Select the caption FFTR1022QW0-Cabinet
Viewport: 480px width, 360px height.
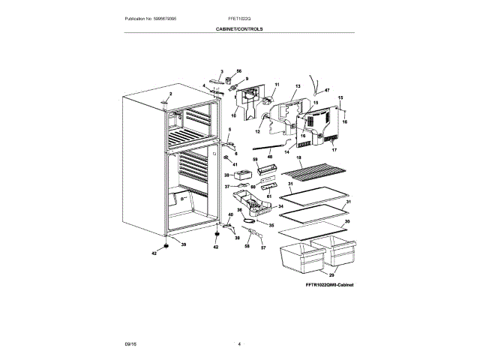pos(319,286)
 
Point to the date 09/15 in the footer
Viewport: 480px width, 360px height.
pos(130,343)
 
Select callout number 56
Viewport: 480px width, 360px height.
pos(239,70)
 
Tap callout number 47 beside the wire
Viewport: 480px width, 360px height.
pos(327,90)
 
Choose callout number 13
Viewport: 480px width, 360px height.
pos(297,87)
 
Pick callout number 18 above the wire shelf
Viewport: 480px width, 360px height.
pos(298,158)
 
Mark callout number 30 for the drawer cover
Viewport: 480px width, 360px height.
pos(346,223)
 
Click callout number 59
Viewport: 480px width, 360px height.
pos(255,160)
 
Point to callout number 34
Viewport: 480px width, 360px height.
pos(280,205)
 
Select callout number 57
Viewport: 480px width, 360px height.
pos(262,247)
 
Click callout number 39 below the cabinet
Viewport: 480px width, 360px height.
pos(183,244)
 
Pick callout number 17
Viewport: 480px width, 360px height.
pos(335,150)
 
